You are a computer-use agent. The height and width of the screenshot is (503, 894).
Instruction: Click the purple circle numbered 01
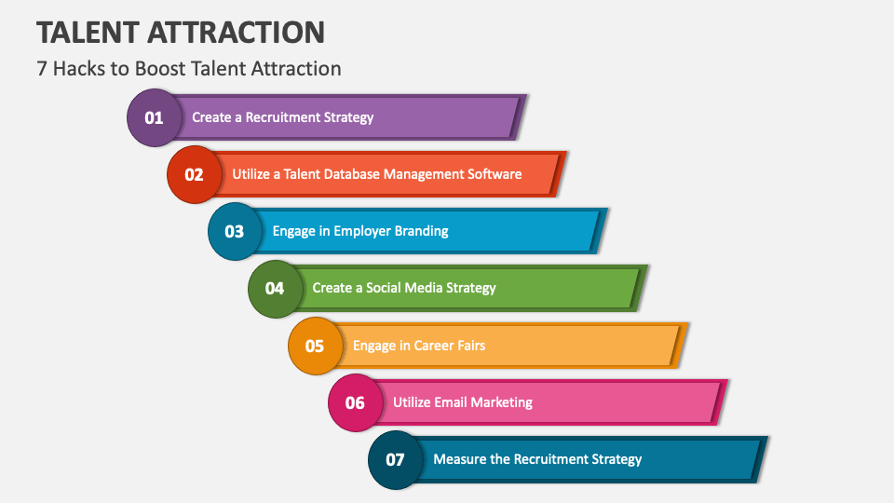154,117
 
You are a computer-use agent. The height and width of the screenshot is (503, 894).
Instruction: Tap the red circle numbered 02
194,174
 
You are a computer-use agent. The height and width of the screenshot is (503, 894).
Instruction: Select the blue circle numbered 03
235,231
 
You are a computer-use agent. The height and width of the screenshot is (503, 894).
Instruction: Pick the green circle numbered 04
275,288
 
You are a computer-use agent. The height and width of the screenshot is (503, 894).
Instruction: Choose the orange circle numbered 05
315,346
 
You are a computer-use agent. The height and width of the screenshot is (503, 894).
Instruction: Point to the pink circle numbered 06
355,402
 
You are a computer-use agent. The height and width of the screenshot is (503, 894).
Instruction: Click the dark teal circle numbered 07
396,459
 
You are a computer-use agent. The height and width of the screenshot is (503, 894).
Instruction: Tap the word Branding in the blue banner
418,231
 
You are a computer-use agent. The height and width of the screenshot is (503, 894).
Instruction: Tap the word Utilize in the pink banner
412,402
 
